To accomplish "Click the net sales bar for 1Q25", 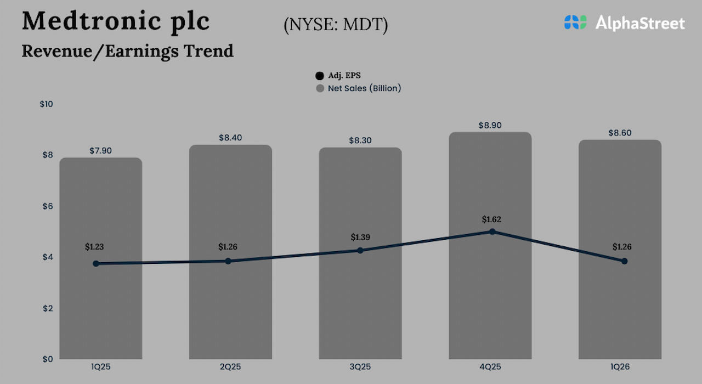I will click(100, 307).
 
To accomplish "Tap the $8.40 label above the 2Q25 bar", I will click(230, 138).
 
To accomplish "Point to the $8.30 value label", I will click(360, 140).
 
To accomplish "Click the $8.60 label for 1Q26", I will click(620, 133).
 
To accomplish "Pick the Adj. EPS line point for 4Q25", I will click(492, 231).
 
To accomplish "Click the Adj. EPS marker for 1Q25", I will click(96, 263).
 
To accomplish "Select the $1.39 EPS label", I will click(360, 238).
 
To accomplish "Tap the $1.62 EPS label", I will click(491, 219).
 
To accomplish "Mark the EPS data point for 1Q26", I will click(624, 261).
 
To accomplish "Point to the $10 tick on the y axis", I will click(46, 104).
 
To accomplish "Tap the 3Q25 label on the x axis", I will click(360, 366).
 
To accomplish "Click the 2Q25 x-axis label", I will click(230, 366).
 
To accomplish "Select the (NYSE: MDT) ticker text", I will click(336, 25).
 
